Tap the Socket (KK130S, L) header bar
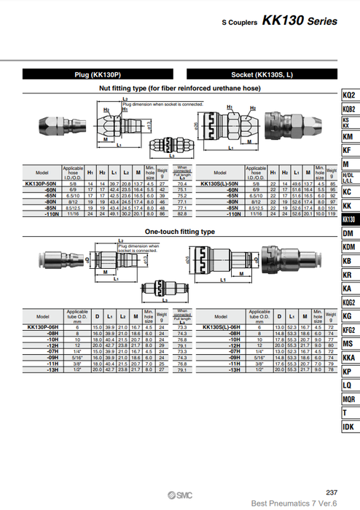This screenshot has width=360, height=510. coord(259,74)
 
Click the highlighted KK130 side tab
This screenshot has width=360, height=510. coord(349,219)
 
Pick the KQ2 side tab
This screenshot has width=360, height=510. coord(349,95)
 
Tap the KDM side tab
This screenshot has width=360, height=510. coord(349,247)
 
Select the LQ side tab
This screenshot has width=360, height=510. coord(349,385)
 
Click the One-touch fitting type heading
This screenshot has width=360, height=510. coord(180,231)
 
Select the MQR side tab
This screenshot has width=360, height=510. coord(349,399)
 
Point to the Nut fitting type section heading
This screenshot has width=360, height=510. coord(179,88)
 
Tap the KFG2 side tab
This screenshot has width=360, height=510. coord(349,329)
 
